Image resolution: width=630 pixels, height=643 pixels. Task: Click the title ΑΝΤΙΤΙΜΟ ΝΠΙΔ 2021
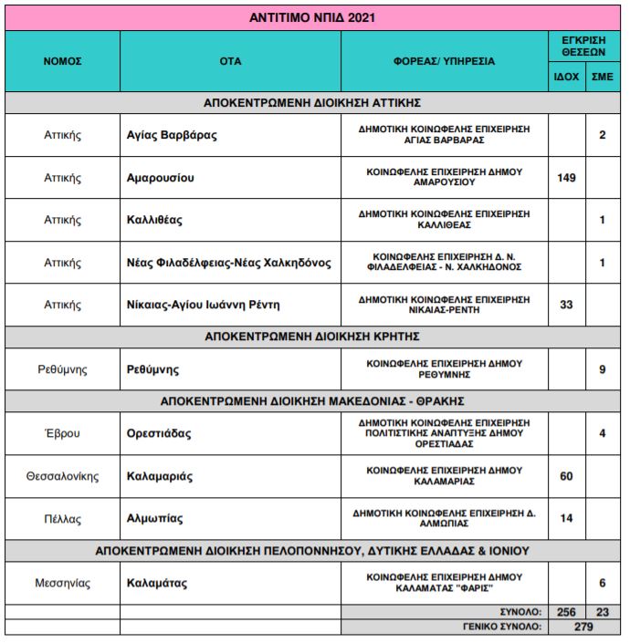[312, 16]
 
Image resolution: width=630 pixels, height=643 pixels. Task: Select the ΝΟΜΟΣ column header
[63, 61]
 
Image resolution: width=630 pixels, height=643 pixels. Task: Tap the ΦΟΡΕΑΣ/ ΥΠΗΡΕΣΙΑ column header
[444, 61]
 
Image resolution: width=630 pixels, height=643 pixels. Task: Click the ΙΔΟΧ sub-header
[566, 77]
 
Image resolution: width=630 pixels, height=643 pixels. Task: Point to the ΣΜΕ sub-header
[603, 77]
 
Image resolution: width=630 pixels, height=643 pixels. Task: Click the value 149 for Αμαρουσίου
[566, 178]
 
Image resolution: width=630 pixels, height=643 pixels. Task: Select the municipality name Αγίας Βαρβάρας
[172, 135]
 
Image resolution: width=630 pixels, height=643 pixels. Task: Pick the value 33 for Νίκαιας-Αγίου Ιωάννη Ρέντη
[566, 305]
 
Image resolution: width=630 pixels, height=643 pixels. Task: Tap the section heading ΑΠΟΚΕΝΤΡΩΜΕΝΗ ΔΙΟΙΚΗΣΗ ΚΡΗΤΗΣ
[312, 336]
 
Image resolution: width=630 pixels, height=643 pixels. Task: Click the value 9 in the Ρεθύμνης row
[603, 370]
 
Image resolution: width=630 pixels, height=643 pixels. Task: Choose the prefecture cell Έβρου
[63, 433]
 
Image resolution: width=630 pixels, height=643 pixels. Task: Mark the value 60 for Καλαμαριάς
[566, 476]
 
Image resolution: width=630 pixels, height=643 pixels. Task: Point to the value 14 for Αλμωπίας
[566, 518]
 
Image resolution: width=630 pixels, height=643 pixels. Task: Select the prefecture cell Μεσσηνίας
[63, 582]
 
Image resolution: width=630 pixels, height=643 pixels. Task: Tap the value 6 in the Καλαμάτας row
[603, 582]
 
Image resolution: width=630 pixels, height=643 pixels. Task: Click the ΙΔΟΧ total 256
[566, 611]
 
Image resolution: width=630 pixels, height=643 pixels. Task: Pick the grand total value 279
[584, 627]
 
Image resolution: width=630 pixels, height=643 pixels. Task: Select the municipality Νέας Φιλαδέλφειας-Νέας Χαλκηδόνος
[228, 263]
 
